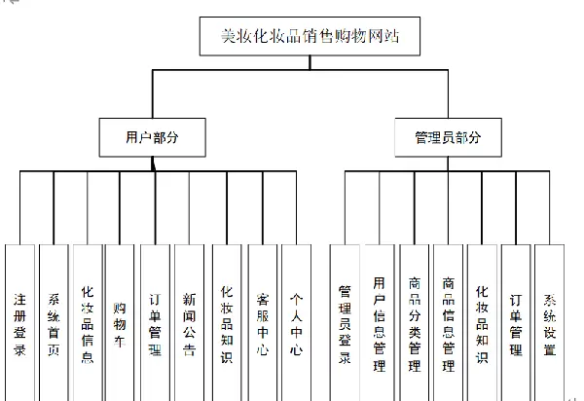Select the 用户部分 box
153,137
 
